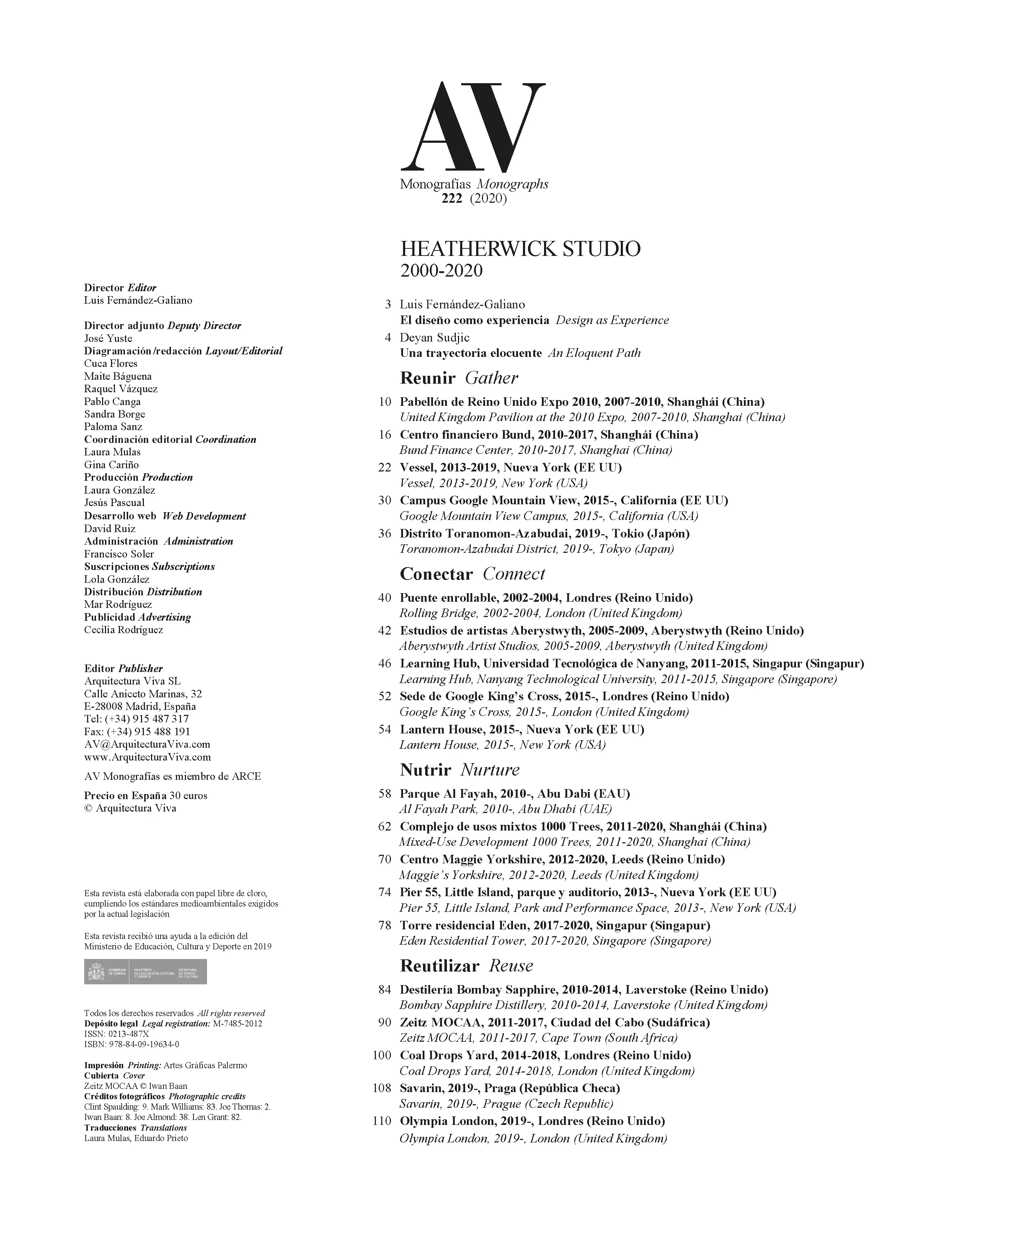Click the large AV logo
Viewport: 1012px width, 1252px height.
tap(473, 125)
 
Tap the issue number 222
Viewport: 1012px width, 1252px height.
tap(452, 199)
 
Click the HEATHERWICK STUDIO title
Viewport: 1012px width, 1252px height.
tap(520, 249)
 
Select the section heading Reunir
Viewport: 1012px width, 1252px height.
tap(427, 378)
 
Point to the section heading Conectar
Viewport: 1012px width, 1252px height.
tap(436, 574)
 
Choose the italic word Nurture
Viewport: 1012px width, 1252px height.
tap(490, 770)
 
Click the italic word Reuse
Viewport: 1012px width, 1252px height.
tap(511, 966)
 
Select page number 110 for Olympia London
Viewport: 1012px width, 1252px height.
tap(382, 1121)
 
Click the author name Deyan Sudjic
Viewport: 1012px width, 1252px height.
tap(434, 338)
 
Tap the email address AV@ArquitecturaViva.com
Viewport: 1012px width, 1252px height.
tap(147, 744)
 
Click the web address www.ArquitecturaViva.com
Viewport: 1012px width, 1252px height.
tap(147, 757)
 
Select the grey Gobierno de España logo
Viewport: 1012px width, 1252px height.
tap(145, 971)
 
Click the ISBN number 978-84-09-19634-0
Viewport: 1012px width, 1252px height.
tap(144, 1045)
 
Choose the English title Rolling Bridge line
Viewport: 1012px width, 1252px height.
tap(540, 613)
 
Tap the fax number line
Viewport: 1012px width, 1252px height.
tap(137, 732)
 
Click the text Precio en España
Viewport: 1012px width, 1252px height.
tap(125, 796)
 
